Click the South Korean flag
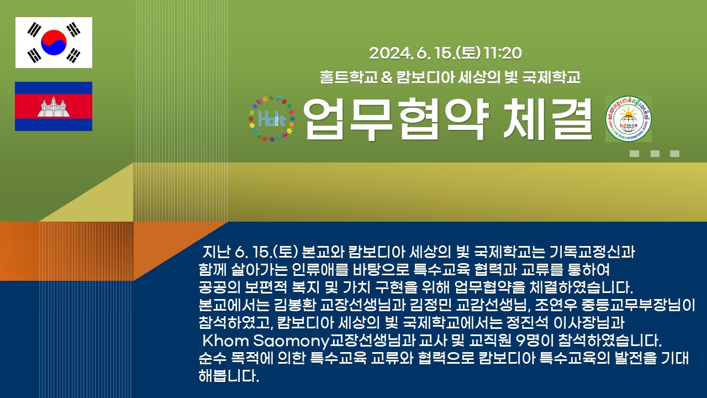click(54, 43)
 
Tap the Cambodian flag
click(54, 106)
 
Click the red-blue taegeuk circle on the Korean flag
click(54, 43)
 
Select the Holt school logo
click(271, 118)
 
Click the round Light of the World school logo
click(628, 119)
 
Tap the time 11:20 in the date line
click(503, 53)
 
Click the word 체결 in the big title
click(548, 119)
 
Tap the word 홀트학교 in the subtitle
click(349, 77)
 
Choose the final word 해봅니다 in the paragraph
click(229, 376)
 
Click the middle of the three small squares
click(655, 154)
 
